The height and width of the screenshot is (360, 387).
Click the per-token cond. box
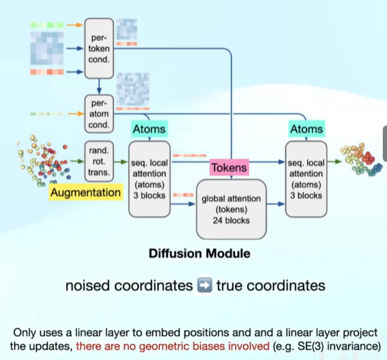99,49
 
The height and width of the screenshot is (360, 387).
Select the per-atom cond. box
99,114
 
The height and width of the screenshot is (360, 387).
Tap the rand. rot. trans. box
99,161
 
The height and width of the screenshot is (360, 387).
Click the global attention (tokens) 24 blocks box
231,209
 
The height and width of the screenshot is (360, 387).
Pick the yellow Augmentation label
86,192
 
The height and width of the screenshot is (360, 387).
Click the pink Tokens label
229,168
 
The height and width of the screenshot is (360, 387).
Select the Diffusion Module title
199,254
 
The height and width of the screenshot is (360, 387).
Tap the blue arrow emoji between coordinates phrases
205,285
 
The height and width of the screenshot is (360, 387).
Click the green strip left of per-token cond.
47,25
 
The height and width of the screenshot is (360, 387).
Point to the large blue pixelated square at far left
47,49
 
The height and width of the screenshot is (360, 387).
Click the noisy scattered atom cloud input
43,161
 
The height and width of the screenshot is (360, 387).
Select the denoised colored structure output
361,160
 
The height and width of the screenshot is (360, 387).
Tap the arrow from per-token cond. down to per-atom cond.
99,87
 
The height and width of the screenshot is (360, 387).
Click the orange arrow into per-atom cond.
76,113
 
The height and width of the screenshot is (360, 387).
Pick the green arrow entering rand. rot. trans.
77,161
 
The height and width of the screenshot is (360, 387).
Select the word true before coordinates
230,285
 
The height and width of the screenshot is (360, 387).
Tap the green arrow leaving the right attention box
334,161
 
